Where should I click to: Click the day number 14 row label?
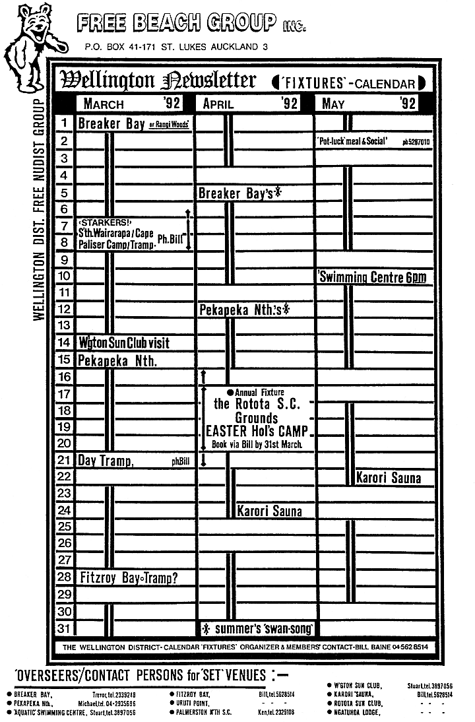tap(65, 343)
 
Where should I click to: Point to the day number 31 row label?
tap(65, 628)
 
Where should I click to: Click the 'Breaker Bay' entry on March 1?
tap(111, 123)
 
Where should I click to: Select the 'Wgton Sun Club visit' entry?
tap(124, 343)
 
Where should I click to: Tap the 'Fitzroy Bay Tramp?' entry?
tap(129, 577)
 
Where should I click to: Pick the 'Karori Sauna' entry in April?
tap(269, 511)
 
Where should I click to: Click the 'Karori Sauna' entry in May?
tap(389, 478)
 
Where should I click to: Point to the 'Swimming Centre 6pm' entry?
tap(372, 277)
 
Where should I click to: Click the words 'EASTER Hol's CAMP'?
tap(257, 432)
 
